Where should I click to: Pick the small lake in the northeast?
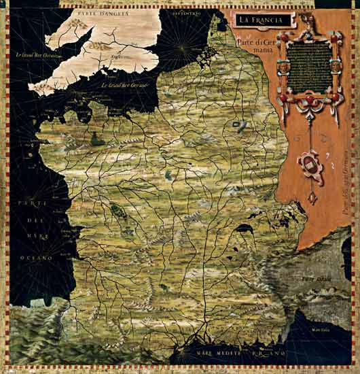(238, 124)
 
